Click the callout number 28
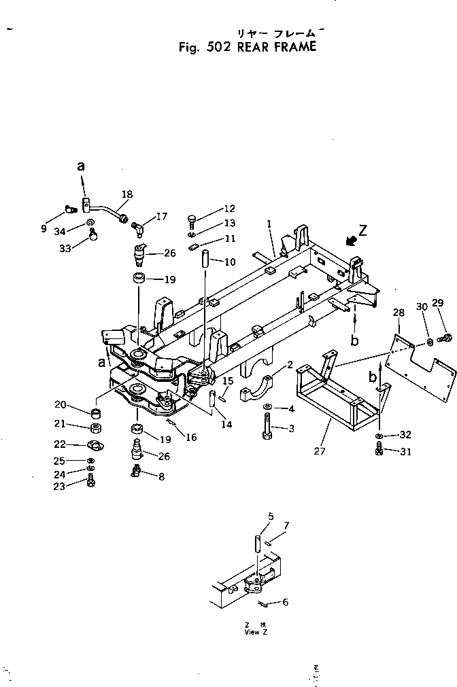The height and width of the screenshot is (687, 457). coord(398,312)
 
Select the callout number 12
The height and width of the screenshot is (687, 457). coord(229,209)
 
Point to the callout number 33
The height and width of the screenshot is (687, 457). coord(65,249)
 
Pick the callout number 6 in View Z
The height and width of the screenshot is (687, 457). coord(285,602)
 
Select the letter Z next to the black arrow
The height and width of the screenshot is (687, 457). coord(363,230)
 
